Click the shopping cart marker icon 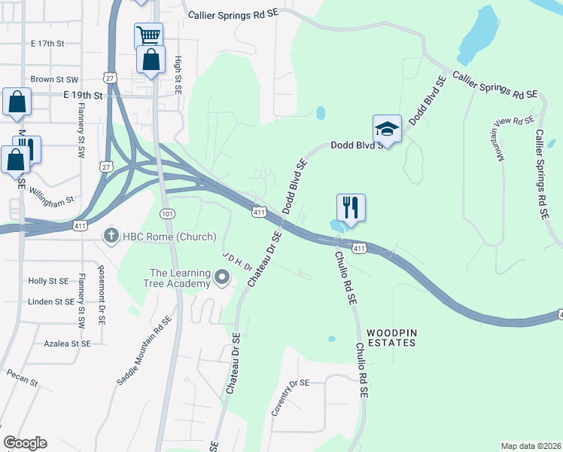[149, 35]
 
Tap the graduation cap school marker [387, 129]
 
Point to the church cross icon [111, 236]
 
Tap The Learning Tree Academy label [179, 278]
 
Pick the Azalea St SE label [67, 344]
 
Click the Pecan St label [23, 377]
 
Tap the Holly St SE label [48, 281]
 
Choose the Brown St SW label [54, 79]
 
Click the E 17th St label [53, 44]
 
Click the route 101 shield [168, 214]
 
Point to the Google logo [25, 443]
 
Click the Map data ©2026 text [531, 446]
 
